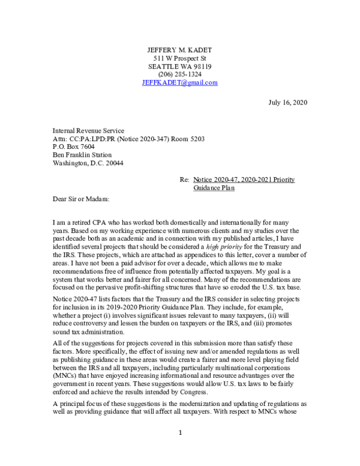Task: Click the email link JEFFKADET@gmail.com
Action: [180, 83]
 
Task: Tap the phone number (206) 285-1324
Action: [180, 74]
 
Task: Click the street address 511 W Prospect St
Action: [180, 58]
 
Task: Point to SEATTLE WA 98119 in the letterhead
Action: [180, 66]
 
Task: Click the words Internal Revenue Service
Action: [88, 130]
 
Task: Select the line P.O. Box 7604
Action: [73, 147]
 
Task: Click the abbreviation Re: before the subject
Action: [185, 180]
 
